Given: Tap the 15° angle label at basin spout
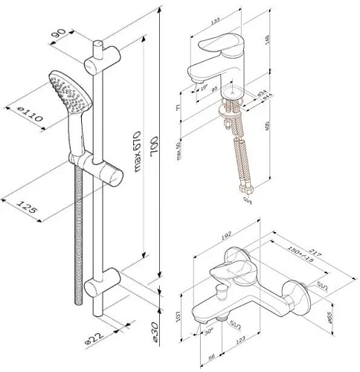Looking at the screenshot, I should (x=206, y=88).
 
